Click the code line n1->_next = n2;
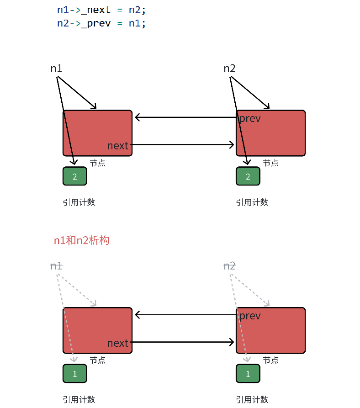101,10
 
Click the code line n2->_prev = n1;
101,23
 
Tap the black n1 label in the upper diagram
56,69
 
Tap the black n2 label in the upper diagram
229,69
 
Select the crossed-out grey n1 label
56,266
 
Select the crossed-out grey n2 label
229,266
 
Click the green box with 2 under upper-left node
74,176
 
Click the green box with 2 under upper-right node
248,176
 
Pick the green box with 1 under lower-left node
74,374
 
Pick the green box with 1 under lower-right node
248,374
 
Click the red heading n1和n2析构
81,240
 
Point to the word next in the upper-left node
118,146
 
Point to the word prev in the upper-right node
250,119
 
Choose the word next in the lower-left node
118,343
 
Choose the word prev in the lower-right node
250,316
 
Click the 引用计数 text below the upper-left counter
79,202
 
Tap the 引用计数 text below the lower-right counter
252,400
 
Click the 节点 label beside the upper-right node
270,163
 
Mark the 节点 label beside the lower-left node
97,360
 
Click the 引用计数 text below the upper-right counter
252,202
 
